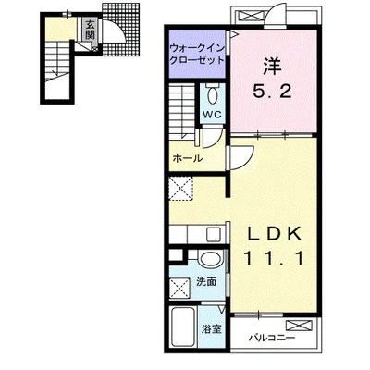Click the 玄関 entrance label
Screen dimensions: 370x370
point(90,30)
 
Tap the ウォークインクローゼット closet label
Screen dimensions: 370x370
point(197,54)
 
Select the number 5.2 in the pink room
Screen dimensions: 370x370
point(272,91)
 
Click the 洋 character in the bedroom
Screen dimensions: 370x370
point(272,67)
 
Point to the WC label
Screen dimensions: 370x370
point(212,115)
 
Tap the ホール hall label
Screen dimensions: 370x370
point(188,158)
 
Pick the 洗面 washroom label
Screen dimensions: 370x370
point(206,281)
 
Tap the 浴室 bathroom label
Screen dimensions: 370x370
point(211,329)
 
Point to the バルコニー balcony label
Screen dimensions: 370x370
point(272,338)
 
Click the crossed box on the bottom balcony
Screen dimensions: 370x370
point(299,325)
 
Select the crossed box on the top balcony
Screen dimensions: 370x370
point(249,16)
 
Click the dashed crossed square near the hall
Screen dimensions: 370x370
point(181,189)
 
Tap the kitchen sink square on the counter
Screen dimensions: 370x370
point(215,235)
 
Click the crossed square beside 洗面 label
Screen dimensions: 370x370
point(180,288)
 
